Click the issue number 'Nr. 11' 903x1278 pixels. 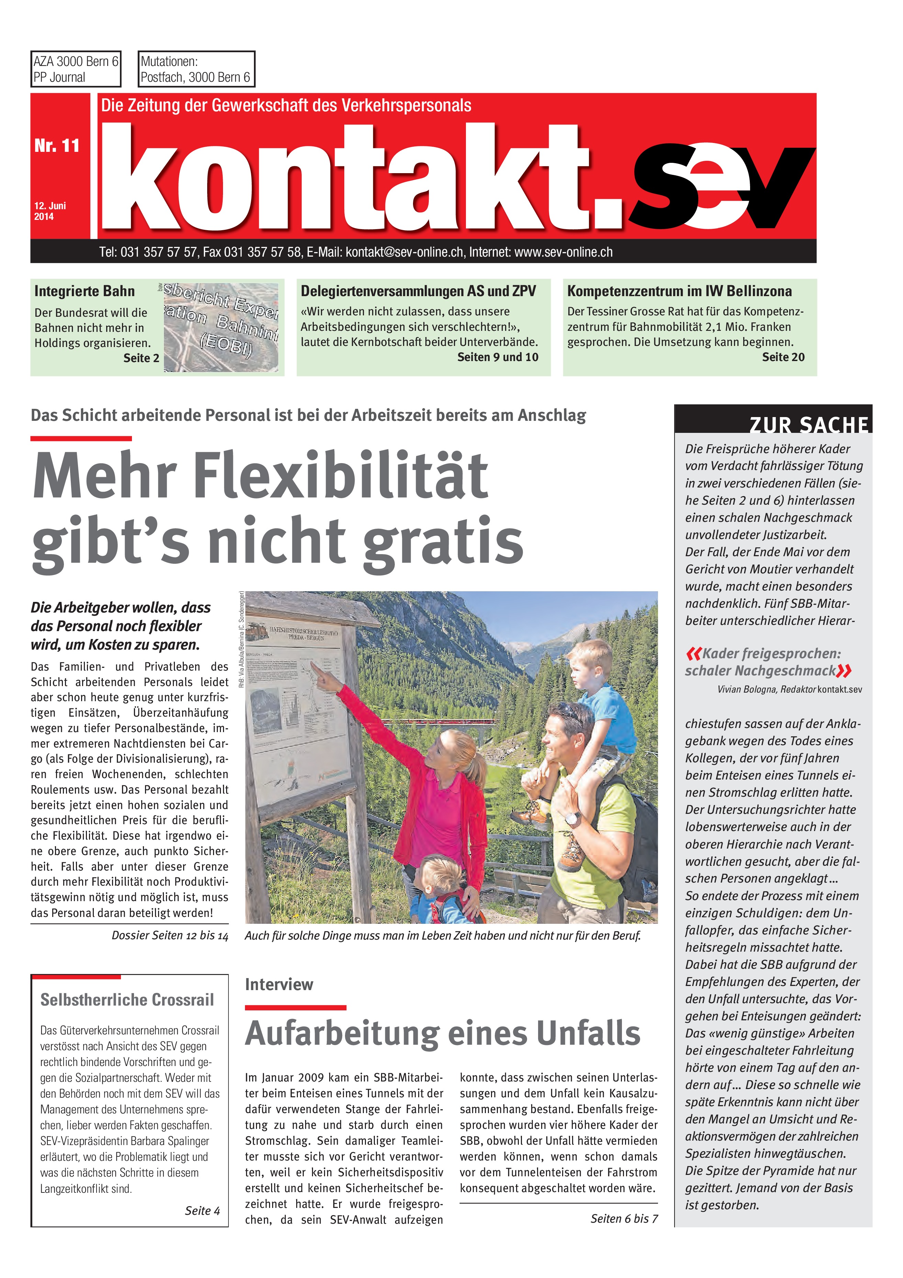pos(57,146)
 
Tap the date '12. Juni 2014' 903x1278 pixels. pos(50,211)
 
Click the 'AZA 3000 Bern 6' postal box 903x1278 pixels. pos(76,69)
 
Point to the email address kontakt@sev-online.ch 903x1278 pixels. pos(404,252)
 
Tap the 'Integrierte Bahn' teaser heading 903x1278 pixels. pos(85,291)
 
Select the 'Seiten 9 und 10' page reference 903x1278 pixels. pos(498,357)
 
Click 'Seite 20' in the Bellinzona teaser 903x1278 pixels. pos(783,357)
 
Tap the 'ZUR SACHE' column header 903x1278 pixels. pos(809,425)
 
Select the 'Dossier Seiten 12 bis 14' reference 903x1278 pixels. pos(170,936)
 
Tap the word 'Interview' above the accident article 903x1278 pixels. pos(279,985)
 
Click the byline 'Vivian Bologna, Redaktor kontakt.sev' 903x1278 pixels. pos(789,690)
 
